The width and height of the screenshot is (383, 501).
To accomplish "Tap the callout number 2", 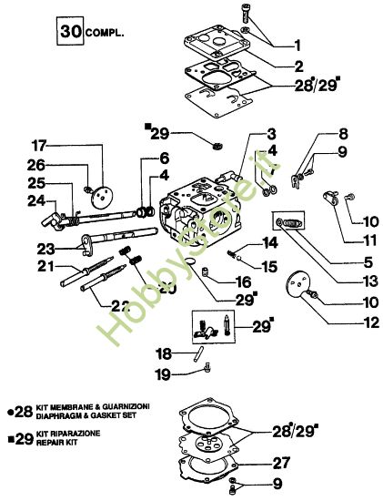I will pyautogui.click(x=299, y=66).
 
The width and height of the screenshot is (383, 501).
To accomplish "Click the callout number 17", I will pyautogui.click(x=39, y=145).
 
